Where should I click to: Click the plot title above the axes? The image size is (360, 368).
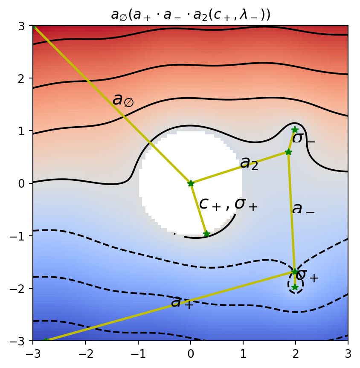click(x=191, y=14)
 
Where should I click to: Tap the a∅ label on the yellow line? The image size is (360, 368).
click(x=123, y=100)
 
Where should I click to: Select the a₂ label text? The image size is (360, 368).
click(x=249, y=163)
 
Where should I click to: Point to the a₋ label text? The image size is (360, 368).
click(x=303, y=209)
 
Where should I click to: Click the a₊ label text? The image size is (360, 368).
click(x=182, y=302)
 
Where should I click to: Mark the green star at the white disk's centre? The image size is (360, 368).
click(x=191, y=183)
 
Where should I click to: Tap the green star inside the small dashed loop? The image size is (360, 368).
click(x=295, y=287)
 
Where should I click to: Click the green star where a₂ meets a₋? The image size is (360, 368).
click(x=288, y=152)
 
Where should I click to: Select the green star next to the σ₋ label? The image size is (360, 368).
click(x=295, y=130)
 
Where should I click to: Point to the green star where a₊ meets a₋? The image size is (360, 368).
click(x=294, y=272)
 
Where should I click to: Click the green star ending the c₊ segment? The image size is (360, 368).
click(x=206, y=234)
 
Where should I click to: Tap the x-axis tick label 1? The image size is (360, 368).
click(x=243, y=353)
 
